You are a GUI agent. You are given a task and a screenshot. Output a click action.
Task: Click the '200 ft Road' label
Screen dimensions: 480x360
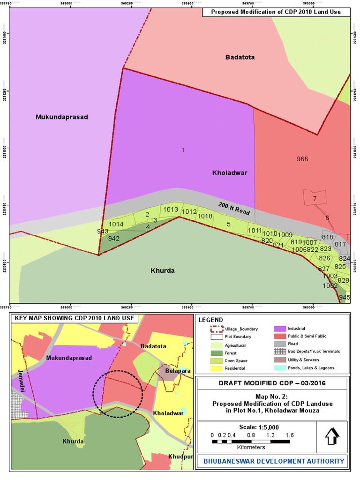(x=234, y=209)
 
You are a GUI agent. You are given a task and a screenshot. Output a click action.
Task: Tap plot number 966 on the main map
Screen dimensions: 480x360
(x=302, y=159)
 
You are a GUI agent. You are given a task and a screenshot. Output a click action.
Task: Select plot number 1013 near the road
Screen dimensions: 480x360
(x=171, y=210)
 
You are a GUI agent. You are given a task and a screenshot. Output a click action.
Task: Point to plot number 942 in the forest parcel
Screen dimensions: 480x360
(x=113, y=238)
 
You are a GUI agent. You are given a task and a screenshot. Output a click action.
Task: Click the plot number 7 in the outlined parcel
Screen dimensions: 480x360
(x=315, y=199)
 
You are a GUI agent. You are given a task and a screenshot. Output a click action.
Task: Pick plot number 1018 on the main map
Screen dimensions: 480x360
(x=205, y=216)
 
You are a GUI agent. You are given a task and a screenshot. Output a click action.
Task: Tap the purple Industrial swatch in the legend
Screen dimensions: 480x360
(x=280, y=329)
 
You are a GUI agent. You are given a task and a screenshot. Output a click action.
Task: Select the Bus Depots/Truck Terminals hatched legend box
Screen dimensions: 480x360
(x=280, y=352)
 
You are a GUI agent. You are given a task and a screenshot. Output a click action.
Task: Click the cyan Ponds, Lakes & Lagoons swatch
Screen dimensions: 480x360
(x=280, y=368)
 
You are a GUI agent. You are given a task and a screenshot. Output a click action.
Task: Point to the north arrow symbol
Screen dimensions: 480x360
(x=332, y=436)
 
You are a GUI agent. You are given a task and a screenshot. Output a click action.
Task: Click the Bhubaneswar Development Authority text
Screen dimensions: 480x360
(x=274, y=461)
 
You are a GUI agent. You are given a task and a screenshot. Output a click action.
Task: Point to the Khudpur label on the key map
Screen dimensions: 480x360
(x=180, y=457)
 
